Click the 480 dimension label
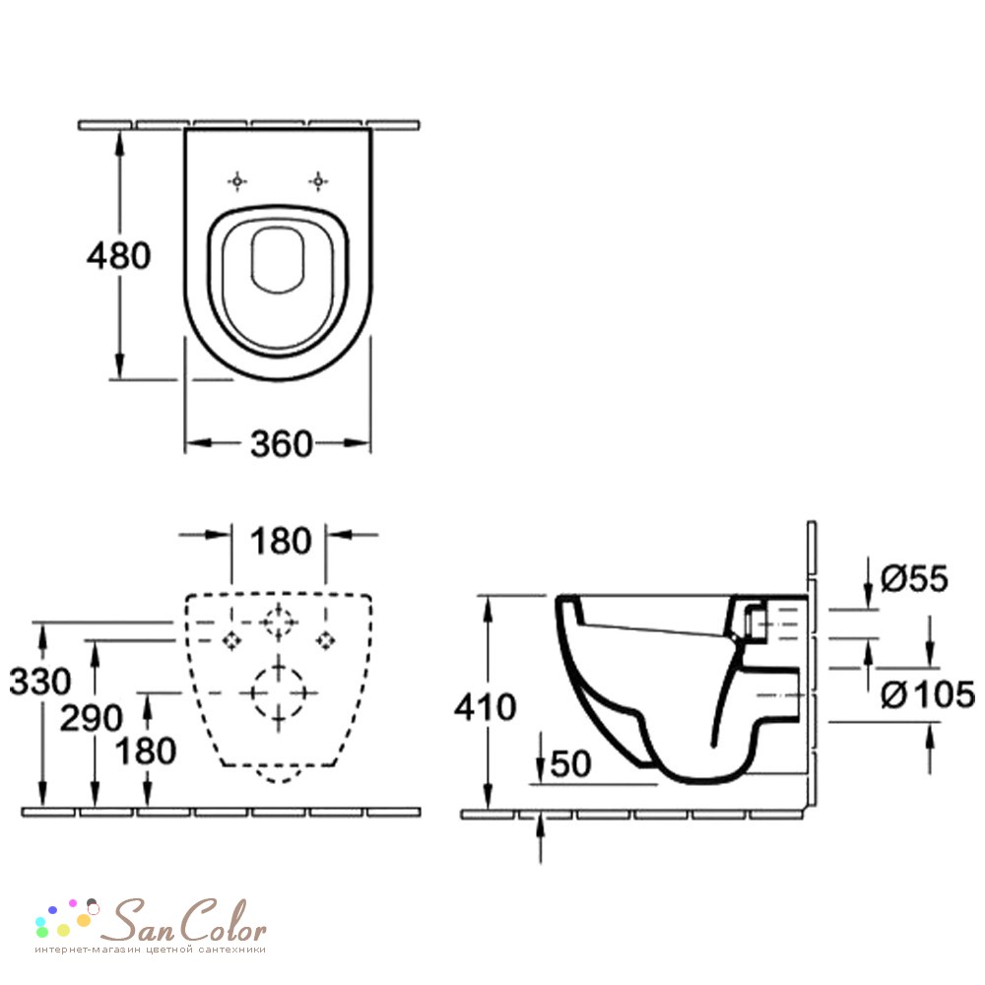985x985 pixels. click(x=119, y=256)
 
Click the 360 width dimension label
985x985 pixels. click(x=282, y=443)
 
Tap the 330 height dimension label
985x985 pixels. click(x=40, y=681)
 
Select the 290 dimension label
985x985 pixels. click(x=91, y=717)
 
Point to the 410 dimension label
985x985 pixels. click(x=485, y=706)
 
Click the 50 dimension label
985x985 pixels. click(x=570, y=763)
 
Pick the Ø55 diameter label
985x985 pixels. click(x=914, y=578)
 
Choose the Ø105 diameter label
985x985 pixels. click(x=928, y=694)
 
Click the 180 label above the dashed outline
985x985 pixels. click(x=280, y=541)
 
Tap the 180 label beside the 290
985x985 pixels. click(x=146, y=751)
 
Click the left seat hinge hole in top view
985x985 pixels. click(x=236, y=181)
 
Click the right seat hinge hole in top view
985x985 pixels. click(x=318, y=181)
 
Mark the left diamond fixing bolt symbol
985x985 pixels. click(x=232, y=641)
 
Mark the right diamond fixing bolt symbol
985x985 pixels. click(x=325, y=641)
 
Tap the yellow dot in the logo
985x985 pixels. click(x=63, y=930)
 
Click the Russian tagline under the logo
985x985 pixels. click(x=150, y=950)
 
